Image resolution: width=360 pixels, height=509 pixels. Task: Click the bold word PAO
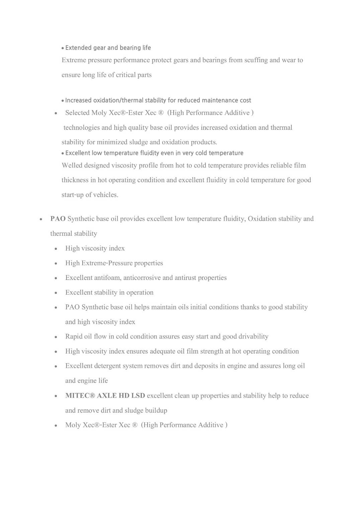point(58,219)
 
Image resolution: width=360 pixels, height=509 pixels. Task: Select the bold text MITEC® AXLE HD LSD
point(105,396)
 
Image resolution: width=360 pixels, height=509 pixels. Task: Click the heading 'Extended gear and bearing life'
point(108,48)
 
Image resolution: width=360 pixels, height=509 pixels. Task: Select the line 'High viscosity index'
point(95,248)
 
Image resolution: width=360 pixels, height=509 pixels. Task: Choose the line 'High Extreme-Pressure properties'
point(114,263)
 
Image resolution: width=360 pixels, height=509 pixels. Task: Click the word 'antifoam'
point(108,278)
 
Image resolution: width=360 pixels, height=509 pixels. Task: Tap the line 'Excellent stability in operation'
point(109,292)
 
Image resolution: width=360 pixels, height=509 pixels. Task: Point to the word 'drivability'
point(253,336)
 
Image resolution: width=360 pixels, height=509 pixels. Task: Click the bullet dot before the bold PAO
point(40,219)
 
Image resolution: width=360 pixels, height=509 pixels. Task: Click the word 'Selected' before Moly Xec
point(77,113)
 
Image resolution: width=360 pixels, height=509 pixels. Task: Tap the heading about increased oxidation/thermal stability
point(158,100)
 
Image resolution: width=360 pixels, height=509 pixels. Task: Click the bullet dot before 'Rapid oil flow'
point(56,337)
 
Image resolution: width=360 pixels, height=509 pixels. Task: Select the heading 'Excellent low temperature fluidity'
point(154,153)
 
